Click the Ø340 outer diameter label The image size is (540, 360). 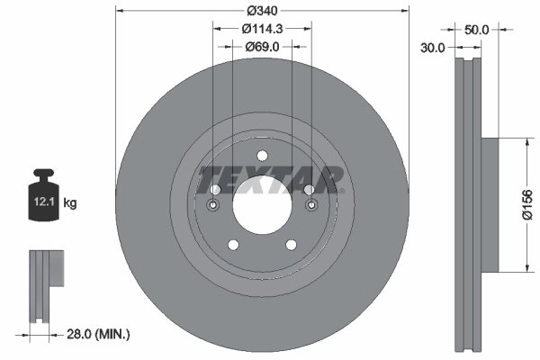[x=262, y=11]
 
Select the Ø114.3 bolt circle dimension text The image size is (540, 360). [x=262, y=28]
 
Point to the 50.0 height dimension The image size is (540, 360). [x=476, y=30]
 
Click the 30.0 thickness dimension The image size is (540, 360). [x=433, y=48]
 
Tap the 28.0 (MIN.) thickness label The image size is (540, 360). [x=99, y=334]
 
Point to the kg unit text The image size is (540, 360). [x=70, y=203]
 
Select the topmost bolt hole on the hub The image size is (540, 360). [x=262, y=154]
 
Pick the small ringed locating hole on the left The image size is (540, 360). [x=213, y=206]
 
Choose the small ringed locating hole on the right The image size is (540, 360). [x=310, y=206]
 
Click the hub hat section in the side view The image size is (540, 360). [x=490, y=204]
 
